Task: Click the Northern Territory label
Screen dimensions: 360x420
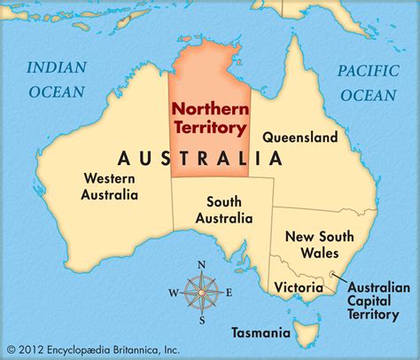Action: coord(209,118)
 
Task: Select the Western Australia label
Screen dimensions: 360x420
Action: coord(109,186)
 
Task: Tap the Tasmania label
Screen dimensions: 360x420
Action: coord(260,333)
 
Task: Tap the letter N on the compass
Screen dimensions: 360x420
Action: coord(202,264)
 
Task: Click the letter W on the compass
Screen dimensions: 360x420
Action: coord(173,293)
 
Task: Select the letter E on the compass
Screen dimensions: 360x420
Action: coord(229,292)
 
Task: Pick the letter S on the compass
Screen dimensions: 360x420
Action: coord(202,320)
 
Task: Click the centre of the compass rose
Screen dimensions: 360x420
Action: coord(202,292)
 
